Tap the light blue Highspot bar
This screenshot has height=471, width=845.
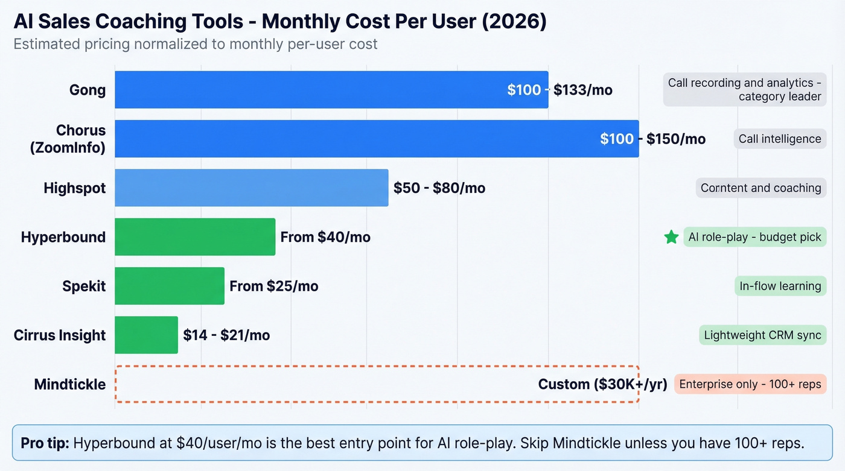[251, 188]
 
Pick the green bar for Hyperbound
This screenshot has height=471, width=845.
[195, 237]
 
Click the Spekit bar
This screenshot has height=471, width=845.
[169, 286]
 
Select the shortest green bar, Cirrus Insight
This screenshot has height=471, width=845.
[146, 335]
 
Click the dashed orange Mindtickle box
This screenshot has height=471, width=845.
[326, 384]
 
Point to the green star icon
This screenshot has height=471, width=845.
[671, 237]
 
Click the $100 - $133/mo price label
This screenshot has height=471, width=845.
[560, 90]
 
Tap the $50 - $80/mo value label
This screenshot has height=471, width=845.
[439, 188]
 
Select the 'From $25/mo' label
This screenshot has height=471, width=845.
[274, 286]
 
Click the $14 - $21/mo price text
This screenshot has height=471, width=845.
[226, 335]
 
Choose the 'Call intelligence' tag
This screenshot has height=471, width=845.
[780, 139]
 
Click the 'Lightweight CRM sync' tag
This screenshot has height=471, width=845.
[763, 335]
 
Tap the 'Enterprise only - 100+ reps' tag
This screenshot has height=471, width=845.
[750, 384]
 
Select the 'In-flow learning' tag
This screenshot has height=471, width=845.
[780, 286]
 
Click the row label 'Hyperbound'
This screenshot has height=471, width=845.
[63, 237]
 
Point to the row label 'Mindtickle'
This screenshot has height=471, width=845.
[70, 384]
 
